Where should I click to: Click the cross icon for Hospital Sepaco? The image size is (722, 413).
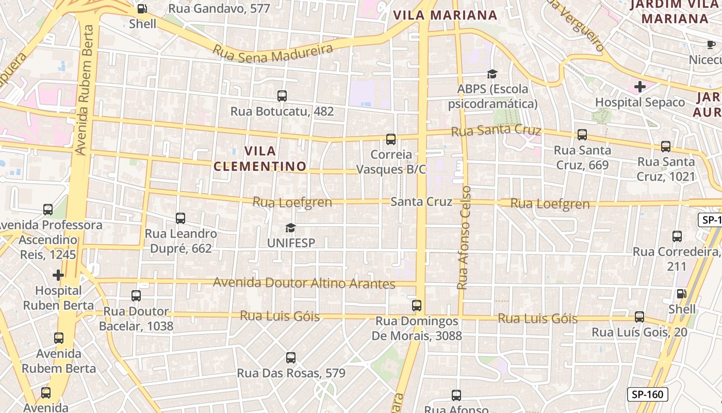[x=639, y=86]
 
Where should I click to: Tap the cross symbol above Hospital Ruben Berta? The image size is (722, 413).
[x=58, y=275]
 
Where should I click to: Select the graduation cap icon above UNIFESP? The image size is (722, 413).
[x=291, y=228]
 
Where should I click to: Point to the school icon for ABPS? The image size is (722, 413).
[x=492, y=74]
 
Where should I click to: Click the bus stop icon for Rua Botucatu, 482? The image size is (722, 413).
[x=282, y=96]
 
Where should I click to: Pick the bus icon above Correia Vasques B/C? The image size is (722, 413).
[x=391, y=139]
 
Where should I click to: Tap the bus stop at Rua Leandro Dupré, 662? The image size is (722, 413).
[x=180, y=218]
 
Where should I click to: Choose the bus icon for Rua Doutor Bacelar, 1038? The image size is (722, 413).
[x=136, y=295]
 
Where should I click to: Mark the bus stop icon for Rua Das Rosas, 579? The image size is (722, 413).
[x=291, y=357]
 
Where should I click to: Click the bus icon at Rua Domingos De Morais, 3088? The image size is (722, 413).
[x=417, y=305]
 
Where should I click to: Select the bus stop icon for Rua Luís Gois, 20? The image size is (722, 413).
[x=639, y=316]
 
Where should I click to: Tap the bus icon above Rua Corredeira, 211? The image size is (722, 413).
[x=677, y=236]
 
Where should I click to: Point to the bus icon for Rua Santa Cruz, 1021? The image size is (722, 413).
[x=666, y=146]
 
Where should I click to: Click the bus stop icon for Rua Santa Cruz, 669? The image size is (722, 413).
[x=582, y=135]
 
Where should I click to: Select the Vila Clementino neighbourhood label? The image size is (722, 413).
[x=260, y=158]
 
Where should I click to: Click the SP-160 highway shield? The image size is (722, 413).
[x=647, y=394]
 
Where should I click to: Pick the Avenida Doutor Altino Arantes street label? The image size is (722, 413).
[x=304, y=283]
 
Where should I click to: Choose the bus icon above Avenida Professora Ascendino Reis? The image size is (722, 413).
[x=48, y=210]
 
